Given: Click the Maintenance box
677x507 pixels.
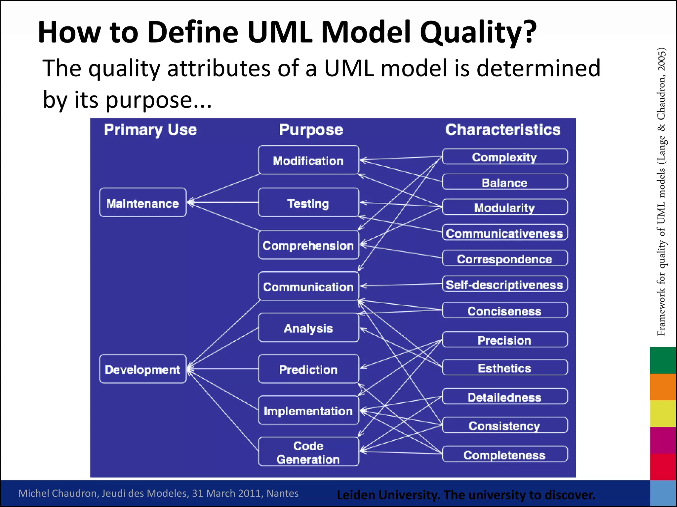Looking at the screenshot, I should point(143,202).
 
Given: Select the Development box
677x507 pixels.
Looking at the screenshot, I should point(143,369).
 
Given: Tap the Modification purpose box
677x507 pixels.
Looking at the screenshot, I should point(308,160).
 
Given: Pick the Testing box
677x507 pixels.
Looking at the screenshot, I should point(308,202).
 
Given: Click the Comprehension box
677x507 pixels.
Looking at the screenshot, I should point(308,245).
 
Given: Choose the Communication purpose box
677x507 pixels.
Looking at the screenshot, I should point(308,286).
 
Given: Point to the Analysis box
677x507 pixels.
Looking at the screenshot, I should point(308,327).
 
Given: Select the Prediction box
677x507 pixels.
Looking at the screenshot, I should point(308,369).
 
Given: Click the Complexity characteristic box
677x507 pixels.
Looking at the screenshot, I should point(504,156).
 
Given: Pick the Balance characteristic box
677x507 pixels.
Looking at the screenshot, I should point(504,182).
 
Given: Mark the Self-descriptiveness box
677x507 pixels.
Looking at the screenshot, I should point(504,284).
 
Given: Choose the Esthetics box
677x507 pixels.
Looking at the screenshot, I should point(504,367).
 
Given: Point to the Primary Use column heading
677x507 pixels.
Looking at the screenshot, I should point(150,130).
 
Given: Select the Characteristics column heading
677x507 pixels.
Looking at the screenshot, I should point(503,130).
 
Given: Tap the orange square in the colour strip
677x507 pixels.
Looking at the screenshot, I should point(663,387).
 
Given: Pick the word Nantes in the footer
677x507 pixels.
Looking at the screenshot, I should point(282,493).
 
